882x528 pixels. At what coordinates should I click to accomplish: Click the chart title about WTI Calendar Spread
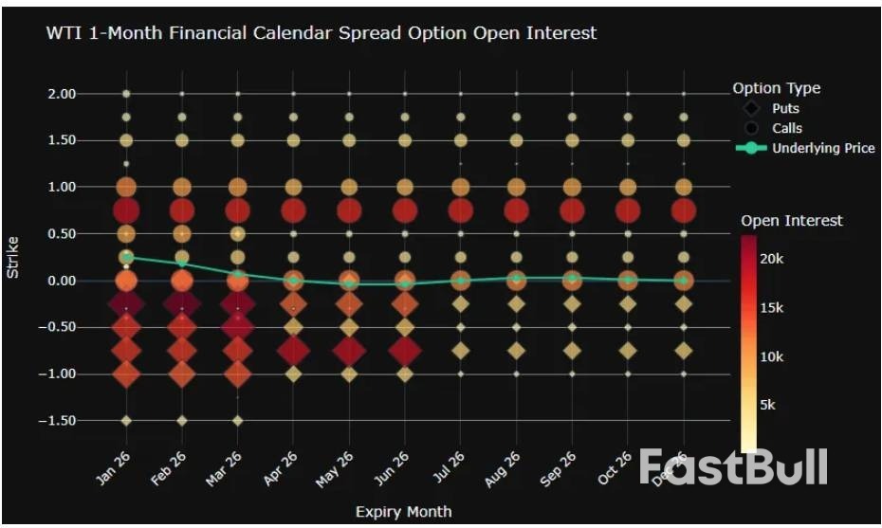click(322, 33)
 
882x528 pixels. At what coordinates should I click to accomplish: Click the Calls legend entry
click(787, 128)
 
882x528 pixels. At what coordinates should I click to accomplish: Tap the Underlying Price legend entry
click(822, 148)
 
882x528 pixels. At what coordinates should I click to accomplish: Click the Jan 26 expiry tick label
click(113, 468)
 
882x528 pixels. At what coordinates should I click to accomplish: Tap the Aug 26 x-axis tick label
click(503, 468)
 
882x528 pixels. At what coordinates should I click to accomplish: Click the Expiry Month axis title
click(403, 512)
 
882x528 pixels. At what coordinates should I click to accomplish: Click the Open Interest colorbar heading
click(791, 221)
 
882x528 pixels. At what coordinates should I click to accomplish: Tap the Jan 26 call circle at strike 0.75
click(126, 210)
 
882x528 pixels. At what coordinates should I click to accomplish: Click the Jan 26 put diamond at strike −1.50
click(126, 420)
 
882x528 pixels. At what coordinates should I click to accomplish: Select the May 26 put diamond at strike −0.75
click(349, 351)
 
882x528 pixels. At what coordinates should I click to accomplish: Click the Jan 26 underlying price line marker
click(126, 257)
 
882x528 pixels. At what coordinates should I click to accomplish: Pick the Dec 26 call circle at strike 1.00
click(683, 187)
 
